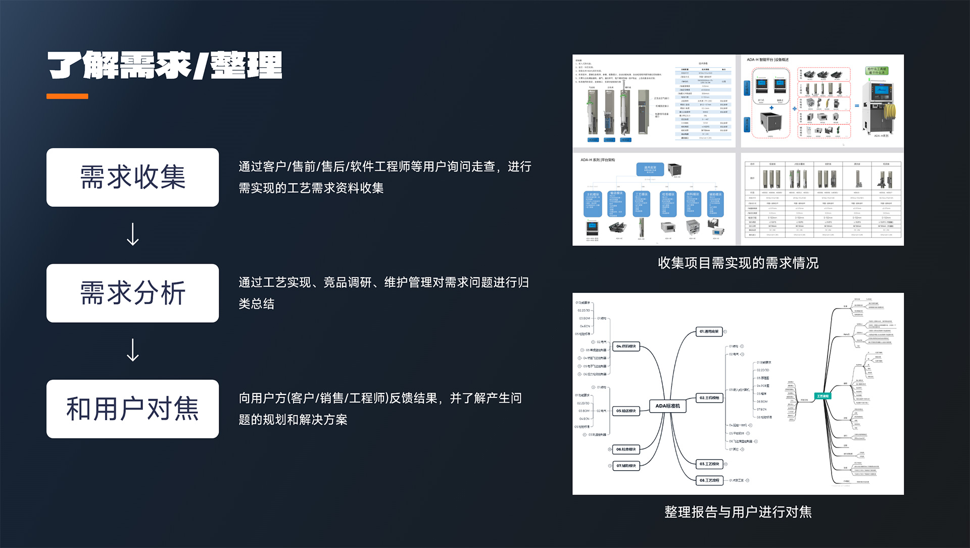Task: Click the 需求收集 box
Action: click(x=132, y=177)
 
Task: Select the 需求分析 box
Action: click(x=132, y=293)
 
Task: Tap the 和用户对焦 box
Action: click(x=132, y=409)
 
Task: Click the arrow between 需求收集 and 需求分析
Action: click(x=133, y=234)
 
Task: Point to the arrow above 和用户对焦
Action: click(x=133, y=350)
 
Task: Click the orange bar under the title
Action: click(x=67, y=96)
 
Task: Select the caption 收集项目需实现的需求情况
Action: click(x=738, y=263)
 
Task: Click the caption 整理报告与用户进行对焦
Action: click(x=738, y=512)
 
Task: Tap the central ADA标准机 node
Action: click(x=667, y=406)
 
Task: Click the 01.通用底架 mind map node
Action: click(x=709, y=332)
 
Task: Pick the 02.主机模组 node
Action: click(x=710, y=398)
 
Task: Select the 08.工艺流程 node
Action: click(x=709, y=480)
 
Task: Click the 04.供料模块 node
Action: click(x=626, y=346)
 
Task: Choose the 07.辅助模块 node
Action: click(x=626, y=466)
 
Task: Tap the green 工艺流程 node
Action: click(x=822, y=396)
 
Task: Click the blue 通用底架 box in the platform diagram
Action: click(x=650, y=169)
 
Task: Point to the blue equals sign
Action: click(x=856, y=106)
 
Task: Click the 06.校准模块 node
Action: click(x=626, y=450)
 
